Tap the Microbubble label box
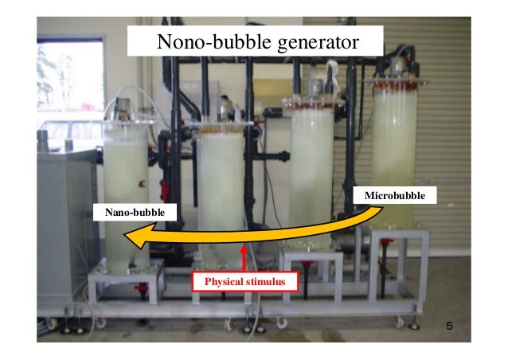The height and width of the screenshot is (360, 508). click(x=395, y=195)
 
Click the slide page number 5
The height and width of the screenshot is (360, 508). click(x=449, y=327)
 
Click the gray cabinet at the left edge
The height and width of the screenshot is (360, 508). click(x=60, y=231)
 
